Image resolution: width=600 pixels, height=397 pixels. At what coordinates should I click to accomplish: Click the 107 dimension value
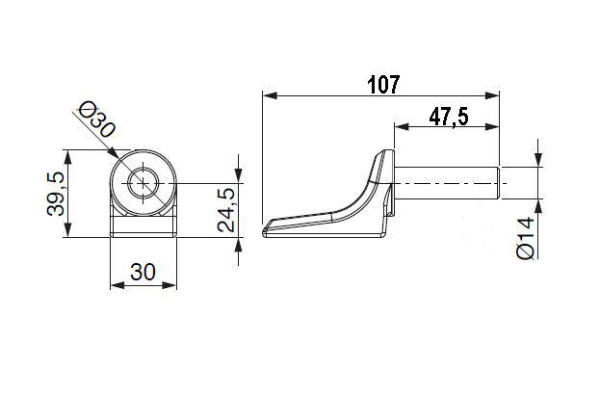pyautogui.click(x=383, y=85)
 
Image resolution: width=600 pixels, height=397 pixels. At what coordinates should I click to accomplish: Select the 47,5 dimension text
pyautogui.click(x=449, y=117)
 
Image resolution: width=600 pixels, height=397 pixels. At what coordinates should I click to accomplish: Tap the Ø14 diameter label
pyautogui.click(x=525, y=238)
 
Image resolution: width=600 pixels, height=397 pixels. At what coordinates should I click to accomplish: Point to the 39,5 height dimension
pyautogui.click(x=56, y=194)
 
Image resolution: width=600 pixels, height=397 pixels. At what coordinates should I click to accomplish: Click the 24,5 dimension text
pyautogui.click(x=225, y=211)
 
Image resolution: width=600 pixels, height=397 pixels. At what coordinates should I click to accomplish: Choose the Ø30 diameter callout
pyautogui.click(x=96, y=119)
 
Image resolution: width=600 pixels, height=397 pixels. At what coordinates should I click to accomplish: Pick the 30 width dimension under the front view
pyautogui.click(x=143, y=272)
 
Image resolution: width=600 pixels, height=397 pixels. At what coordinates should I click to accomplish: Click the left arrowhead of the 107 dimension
pyautogui.click(x=270, y=95)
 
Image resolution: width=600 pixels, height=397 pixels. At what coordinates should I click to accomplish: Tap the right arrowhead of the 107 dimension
pyautogui.click(x=492, y=95)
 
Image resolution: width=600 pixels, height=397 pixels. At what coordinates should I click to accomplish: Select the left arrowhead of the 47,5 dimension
pyautogui.click(x=402, y=127)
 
